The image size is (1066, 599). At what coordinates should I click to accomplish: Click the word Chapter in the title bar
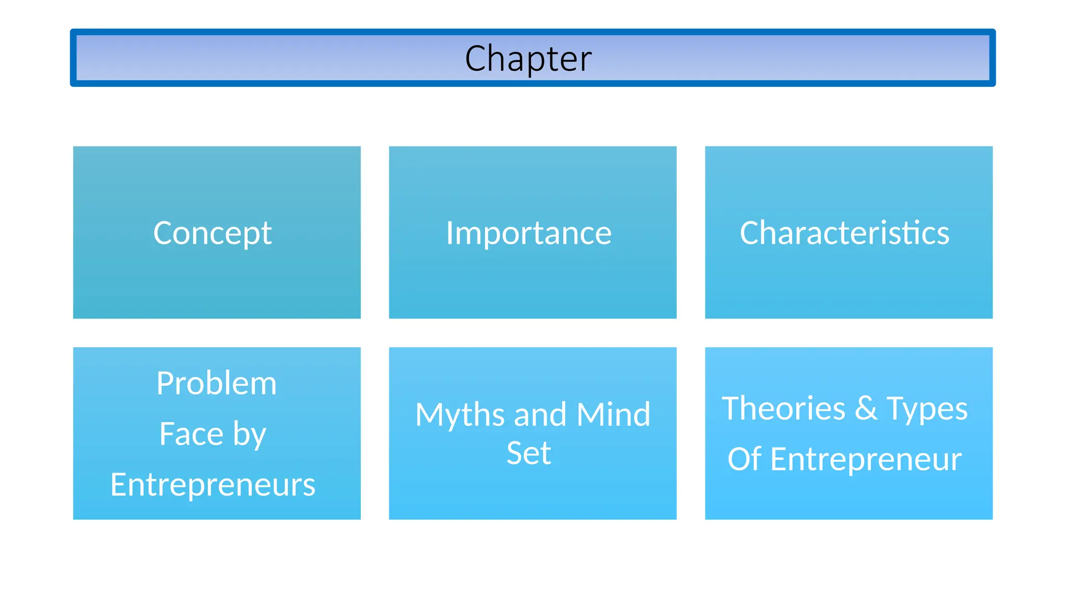click(528, 58)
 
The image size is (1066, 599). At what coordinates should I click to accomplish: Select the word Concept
click(212, 232)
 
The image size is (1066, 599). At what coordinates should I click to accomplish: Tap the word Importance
click(528, 232)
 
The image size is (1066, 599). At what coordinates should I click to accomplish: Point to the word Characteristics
click(844, 232)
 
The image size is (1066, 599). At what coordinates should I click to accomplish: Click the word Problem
click(217, 383)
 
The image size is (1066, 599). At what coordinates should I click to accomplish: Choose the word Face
click(191, 434)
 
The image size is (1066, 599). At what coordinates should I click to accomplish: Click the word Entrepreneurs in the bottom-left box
click(213, 485)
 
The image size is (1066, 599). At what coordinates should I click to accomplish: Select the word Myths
click(460, 415)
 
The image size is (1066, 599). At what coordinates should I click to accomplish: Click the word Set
click(528, 453)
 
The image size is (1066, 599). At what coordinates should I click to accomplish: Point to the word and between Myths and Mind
click(540, 415)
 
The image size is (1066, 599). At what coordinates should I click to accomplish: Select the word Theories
click(783, 408)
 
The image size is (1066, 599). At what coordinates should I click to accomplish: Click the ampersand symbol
click(866, 408)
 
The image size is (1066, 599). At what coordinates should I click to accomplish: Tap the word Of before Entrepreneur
click(744, 459)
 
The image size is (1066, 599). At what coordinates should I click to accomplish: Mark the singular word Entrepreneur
click(866, 459)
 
